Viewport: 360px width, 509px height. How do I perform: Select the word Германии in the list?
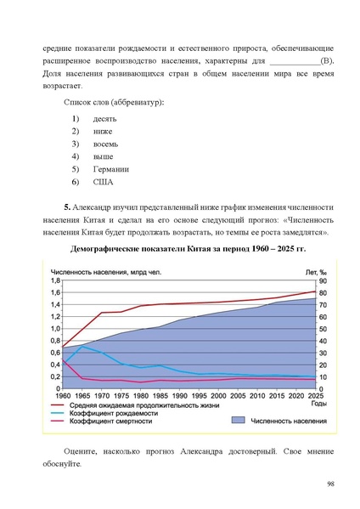[110, 169]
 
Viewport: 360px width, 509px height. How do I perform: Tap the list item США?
[103, 183]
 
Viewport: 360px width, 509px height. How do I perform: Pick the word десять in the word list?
[104, 118]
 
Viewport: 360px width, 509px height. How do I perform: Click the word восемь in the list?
[106, 144]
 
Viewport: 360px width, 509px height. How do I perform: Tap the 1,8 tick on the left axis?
[56, 281]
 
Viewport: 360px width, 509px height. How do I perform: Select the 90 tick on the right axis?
[322, 281]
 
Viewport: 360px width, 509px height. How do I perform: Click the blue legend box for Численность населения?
[237, 420]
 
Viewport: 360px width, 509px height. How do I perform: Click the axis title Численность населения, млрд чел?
[95, 272]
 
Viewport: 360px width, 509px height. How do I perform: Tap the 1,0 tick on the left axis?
[56, 329]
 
